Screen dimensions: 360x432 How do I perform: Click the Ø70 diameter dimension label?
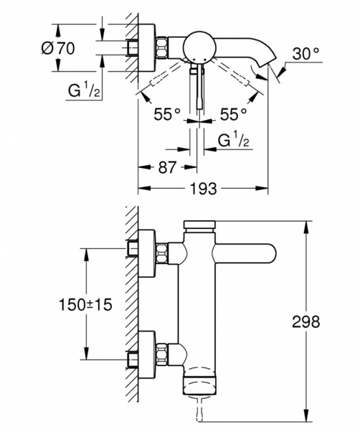[58, 49]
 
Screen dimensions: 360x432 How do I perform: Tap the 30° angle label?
[306, 53]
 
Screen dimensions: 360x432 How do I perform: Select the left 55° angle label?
[167, 114]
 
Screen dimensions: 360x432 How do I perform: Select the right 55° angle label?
[233, 114]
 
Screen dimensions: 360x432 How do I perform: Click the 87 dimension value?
[167, 167]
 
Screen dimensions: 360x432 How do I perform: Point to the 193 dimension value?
[203, 189]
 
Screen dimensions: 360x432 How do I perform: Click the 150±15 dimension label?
[86, 304]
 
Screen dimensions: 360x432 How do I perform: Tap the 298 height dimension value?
[306, 321]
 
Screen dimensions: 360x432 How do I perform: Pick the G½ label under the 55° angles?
[234, 139]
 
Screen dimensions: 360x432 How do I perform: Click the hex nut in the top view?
[162, 47]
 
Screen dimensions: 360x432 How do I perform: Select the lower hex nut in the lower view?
[162, 355]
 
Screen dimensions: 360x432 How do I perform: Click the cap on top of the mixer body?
[200, 224]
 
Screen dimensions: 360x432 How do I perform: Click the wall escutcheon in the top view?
[147, 47]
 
